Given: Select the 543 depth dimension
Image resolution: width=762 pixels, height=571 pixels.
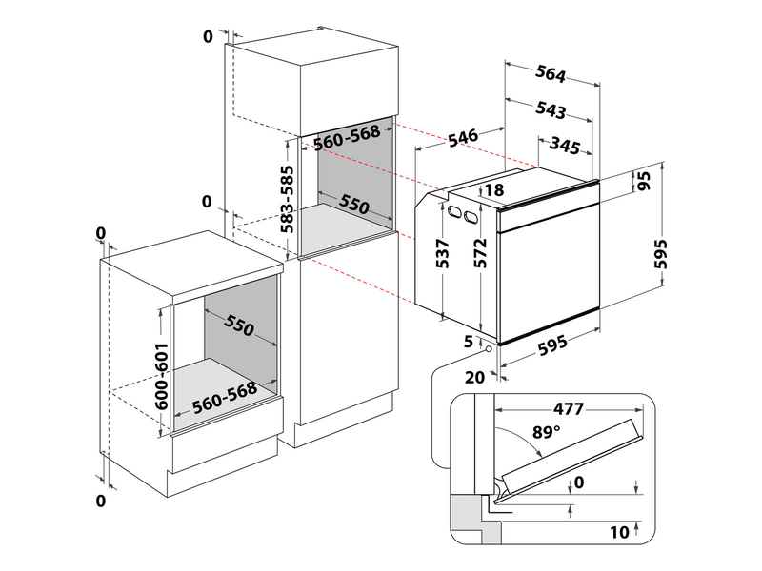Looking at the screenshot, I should click(550, 111).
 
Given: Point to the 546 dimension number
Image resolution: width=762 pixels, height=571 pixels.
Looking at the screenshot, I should click(462, 137).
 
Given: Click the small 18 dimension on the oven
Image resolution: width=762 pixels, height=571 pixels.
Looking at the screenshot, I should click(493, 190).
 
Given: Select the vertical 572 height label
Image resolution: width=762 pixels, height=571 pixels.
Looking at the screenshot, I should click(481, 253).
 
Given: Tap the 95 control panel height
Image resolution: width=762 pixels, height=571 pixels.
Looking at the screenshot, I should click(643, 181).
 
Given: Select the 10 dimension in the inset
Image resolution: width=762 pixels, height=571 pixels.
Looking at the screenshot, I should click(619, 531).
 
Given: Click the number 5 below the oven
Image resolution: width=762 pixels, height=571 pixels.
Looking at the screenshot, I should click(469, 341).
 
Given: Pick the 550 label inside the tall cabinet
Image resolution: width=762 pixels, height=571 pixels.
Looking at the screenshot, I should click(354, 206).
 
